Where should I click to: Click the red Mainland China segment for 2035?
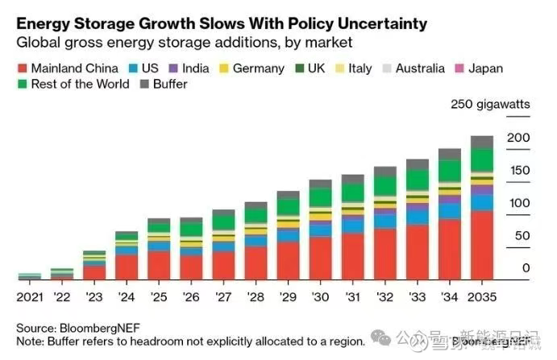[482, 245]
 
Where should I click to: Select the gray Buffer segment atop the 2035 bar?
[482, 142]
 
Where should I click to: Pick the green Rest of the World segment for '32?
[384, 186]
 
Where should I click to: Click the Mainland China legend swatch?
[23, 68]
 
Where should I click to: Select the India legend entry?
[189, 68]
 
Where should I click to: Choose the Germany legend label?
[258, 68]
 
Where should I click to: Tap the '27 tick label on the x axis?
[223, 297]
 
